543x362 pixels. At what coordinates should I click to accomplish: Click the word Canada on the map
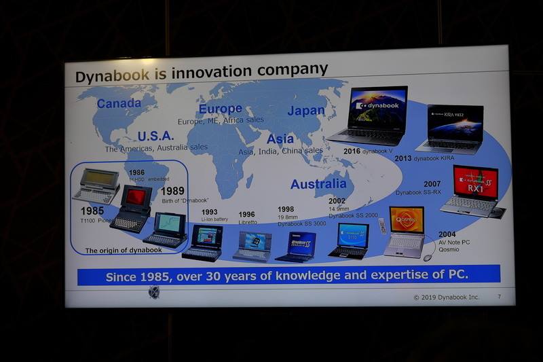coord(119,104)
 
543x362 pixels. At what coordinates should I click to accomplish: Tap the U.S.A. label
coord(156,137)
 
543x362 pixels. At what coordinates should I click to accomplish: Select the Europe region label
coord(220,109)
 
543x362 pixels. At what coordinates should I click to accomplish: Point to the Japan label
coord(306,111)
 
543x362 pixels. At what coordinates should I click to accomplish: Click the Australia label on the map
coord(318,184)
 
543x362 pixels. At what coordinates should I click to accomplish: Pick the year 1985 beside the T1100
coord(92,211)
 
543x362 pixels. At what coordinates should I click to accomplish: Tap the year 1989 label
coord(172,191)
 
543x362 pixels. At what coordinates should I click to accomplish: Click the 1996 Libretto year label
coord(247,213)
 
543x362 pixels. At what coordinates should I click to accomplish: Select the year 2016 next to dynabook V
coord(352,151)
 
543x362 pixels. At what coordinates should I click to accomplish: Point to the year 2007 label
coord(432,184)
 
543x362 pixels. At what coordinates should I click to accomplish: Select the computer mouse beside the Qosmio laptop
coord(428,257)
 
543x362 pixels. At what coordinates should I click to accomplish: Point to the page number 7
coord(499,297)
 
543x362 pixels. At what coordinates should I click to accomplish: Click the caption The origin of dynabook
coord(124,251)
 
